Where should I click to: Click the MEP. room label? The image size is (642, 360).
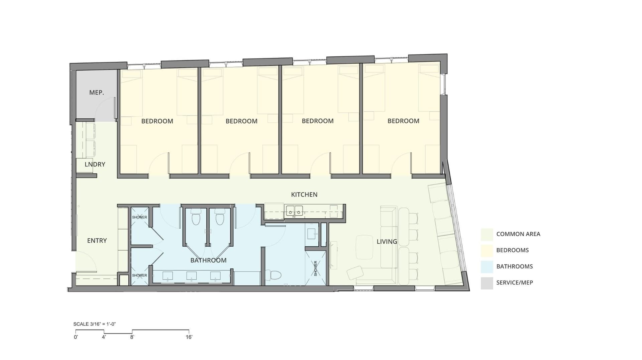pyautogui.click(x=96, y=93)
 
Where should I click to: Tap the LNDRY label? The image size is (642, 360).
pyautogui.click(x=95, y=164)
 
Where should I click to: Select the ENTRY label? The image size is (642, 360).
pyautogui.click(x=97, y=241)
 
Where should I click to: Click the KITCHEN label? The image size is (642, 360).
pyautogui.click(x=304, y=195)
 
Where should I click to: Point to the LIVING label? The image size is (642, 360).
pyautogui.click(x=387, y=242)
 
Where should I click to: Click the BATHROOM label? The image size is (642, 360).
pyautogui.click(x=208, y=260)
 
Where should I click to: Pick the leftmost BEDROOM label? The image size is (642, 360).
pyautogui.click(x=157, y=121)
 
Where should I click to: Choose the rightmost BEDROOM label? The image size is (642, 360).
pyautogui.click(x=403, y=121)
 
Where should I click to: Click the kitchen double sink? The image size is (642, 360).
pyautogui.click(x=294, y=211)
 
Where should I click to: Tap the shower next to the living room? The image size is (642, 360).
pyautogui.click(x=316, y=268)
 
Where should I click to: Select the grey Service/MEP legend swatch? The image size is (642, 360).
pyautogui.click(x=487, y=283)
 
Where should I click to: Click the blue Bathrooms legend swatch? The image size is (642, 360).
pyautogui.click(x=487, y=267)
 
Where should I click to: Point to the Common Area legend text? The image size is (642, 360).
pyautogui.click(x=518, y=234)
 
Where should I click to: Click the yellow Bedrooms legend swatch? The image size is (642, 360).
pyautogui.click(x=487, y=250)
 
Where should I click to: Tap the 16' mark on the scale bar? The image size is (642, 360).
pyautogui.click(x=189, y=337)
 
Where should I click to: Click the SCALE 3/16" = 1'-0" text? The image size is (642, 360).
pyautogui.click(x=95, y=324)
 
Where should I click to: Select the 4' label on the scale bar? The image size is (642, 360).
pyautogui.click(x=104, y=337)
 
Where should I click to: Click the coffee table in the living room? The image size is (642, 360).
pyautogui.click(x=364, y=247)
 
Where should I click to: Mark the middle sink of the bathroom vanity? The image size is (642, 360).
pyautogui.click(x=192, y=276)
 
